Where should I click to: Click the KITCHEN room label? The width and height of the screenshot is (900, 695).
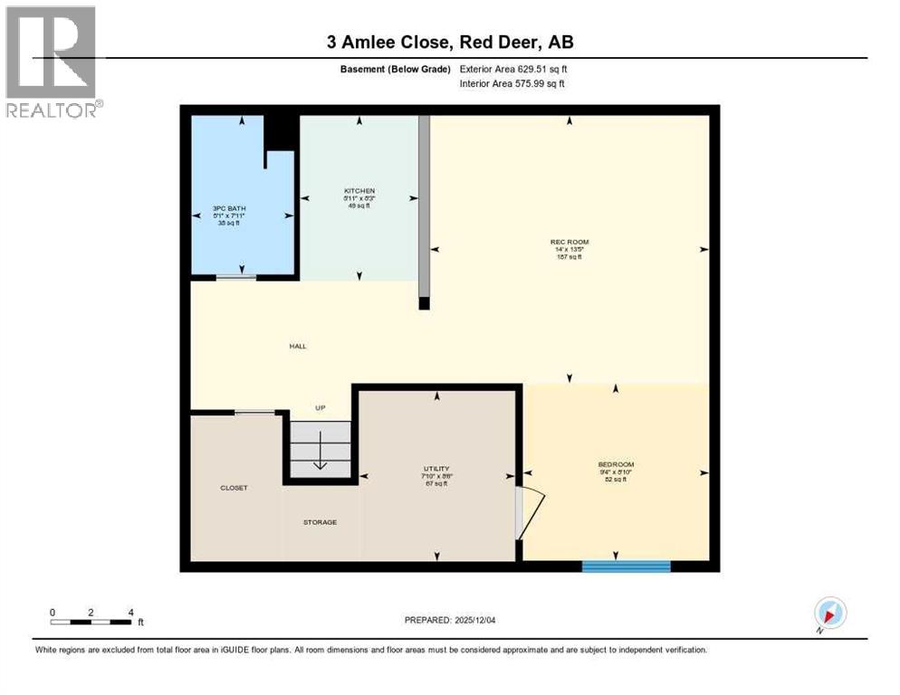click(359, 191)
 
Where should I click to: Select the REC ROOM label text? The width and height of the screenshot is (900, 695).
click(570, 242)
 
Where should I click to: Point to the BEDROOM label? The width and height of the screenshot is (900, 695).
click(615, 465)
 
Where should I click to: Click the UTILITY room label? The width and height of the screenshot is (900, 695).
click(436, 468)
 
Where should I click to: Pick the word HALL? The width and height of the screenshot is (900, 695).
click(298, 346)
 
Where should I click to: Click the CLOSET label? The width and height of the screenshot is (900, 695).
click(234, 488)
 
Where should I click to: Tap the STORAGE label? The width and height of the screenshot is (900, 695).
click(320, 522)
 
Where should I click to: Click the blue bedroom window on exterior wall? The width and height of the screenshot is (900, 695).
click(626, 566)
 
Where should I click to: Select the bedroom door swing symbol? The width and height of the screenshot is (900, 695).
click(529, 513)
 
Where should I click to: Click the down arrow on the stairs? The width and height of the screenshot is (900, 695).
click(320, 463)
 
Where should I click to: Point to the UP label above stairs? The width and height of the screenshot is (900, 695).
click(320, 408)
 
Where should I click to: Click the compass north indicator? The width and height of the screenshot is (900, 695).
click(829, 613)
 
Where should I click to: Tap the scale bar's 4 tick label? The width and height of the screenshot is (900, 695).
click(130, 613)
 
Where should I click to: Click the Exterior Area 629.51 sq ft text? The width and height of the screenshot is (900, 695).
click(513, 69)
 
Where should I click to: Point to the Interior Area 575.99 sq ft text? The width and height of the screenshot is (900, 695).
click(512, 83)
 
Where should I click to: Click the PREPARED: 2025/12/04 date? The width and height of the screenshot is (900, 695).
click(450, 620)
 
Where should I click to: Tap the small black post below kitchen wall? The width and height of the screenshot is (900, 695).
click(425, 304)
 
